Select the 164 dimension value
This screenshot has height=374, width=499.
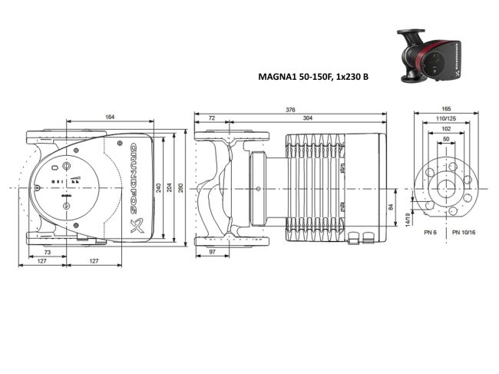(x=110, y=117)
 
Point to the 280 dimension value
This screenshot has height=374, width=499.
(x=181, y=189)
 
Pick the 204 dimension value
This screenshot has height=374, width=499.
(x=170, y=189)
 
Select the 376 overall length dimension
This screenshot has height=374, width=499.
(x=290, y=111)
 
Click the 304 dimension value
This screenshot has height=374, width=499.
(x=307, y=119)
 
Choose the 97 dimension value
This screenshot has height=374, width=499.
(x=213, y=253)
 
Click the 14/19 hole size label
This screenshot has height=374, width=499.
(x=408, y=220)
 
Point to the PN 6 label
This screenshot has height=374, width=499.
(x=431, y=231)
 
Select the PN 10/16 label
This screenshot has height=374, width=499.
(x=464, y=231)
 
